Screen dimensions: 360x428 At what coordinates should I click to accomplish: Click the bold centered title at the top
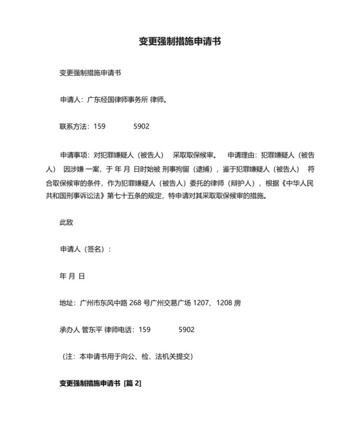(x=181, y=41)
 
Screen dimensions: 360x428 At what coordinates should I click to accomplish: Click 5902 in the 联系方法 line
(x=141, y=127)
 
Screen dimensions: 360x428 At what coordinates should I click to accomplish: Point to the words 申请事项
(x=74, y=155)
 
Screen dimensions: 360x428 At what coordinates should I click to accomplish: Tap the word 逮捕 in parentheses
(x=221, y=169)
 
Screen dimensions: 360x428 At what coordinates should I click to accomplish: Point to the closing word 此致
(x=66, y=222)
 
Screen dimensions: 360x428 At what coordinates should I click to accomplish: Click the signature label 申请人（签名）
(x=84, y=248)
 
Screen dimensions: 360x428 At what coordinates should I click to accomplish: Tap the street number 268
(x=135, y=302)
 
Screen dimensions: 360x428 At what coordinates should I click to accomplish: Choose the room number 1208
(x=227, y=302)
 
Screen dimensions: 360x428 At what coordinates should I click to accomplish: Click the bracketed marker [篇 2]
(x=132, y=383)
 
